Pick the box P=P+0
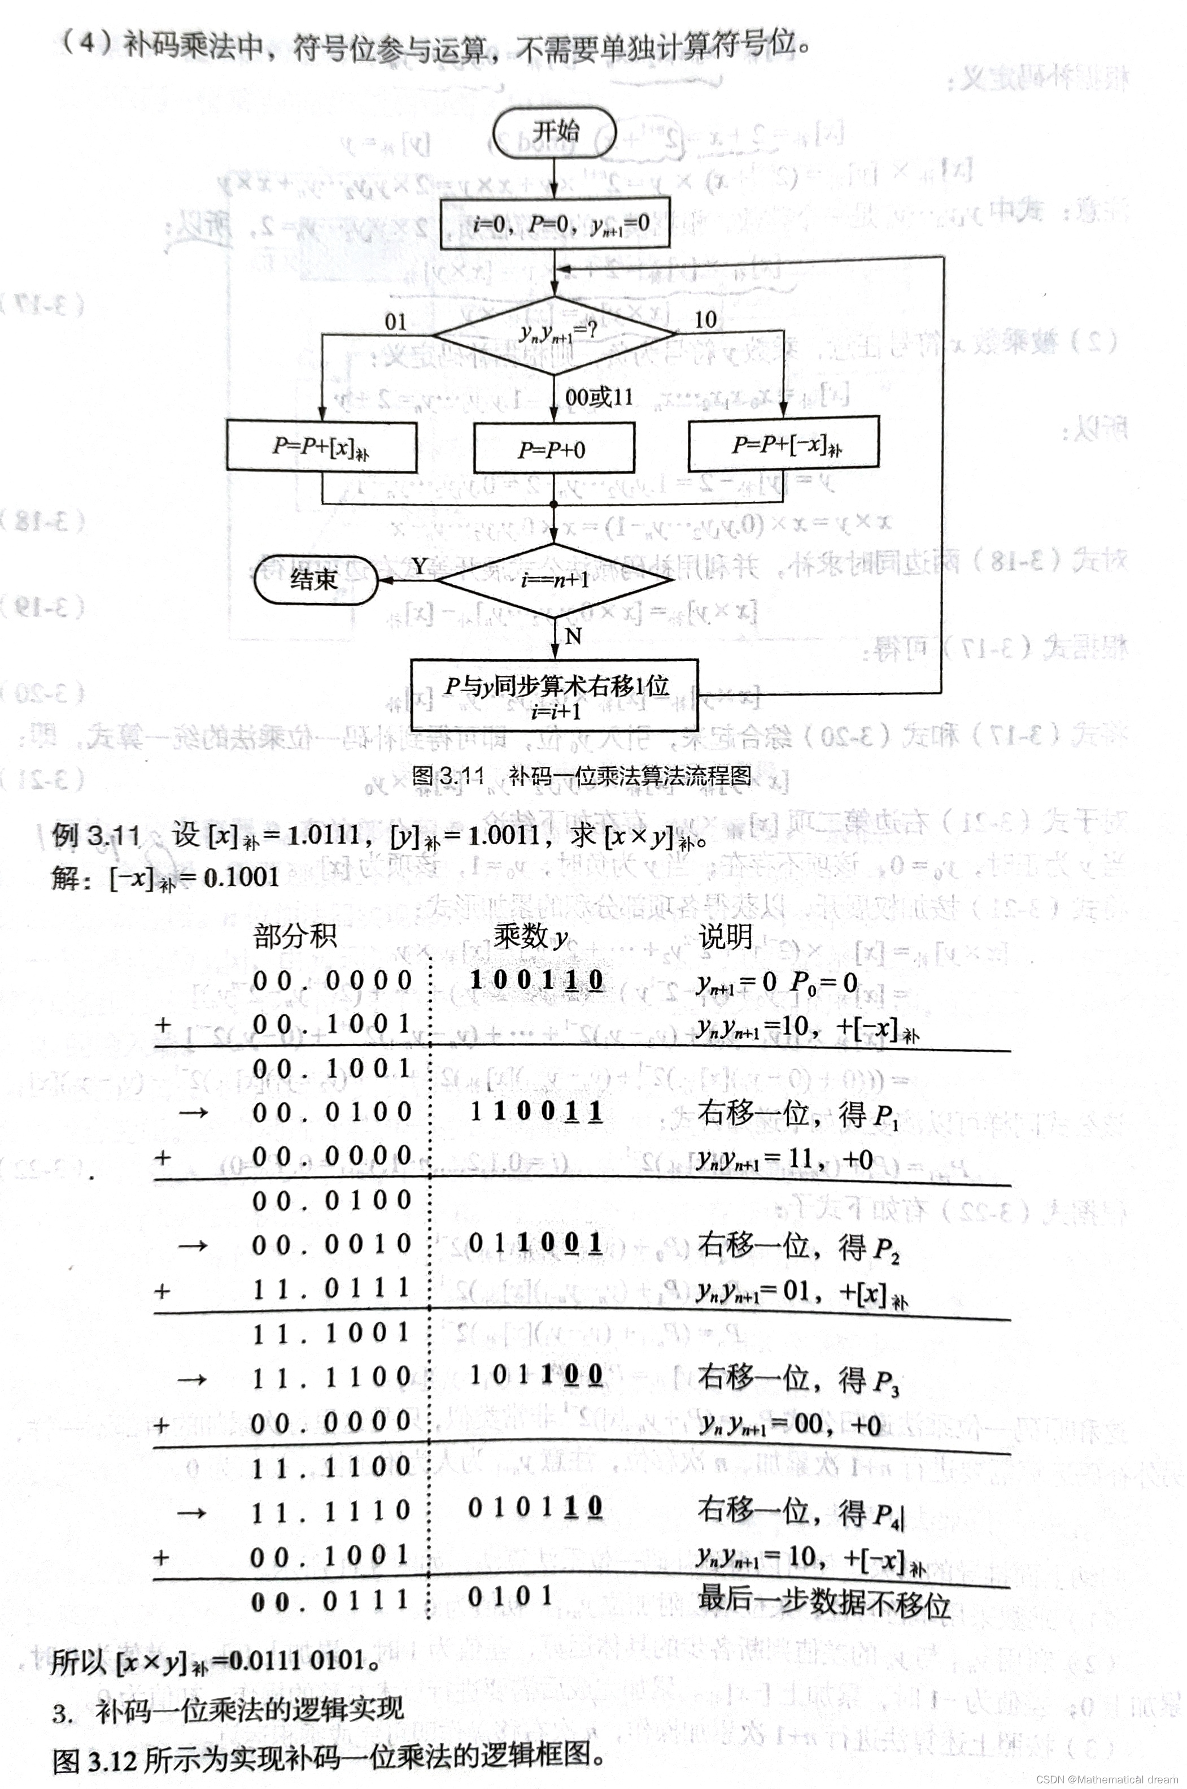click(553, 449)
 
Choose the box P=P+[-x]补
click(783, 444)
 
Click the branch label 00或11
click(599, 396)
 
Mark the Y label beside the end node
click(420, 566)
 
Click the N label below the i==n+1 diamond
click(573, 636)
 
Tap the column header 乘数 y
click(530, 937)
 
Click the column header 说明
click(725, 937)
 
